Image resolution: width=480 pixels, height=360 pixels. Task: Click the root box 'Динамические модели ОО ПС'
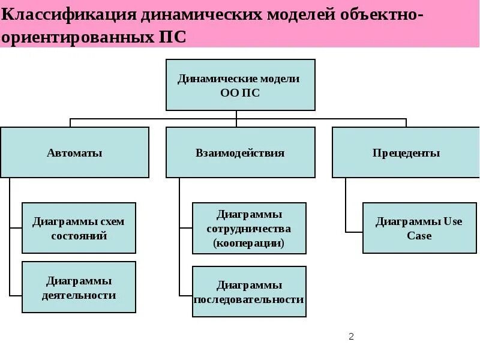pos(240,85)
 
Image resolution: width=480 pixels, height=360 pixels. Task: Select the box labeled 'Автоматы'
pos(74,152)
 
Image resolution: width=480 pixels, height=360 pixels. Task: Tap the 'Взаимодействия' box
pos(240,152)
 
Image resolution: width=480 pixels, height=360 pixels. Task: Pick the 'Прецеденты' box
pos(406,152)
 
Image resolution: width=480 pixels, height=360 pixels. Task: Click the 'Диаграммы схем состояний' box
pos(79,228)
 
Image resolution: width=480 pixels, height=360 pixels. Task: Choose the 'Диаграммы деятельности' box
pos(79,287)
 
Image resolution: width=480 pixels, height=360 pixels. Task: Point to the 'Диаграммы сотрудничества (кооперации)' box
pos(249,228)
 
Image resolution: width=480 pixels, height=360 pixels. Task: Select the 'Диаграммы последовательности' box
pos(249,292)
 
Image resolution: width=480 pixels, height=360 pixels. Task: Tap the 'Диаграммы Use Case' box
pos(419,228)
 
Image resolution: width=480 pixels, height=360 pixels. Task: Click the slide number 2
pos(352,337)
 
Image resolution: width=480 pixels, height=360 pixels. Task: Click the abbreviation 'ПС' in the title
pos(172,37)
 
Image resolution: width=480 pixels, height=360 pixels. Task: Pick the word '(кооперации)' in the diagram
pos(248,243)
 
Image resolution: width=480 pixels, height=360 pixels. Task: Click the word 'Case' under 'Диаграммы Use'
pos(419,236)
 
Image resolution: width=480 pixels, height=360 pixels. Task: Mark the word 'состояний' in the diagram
pos(79,236)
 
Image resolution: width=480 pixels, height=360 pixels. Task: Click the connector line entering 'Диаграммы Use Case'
pos(354,231)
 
